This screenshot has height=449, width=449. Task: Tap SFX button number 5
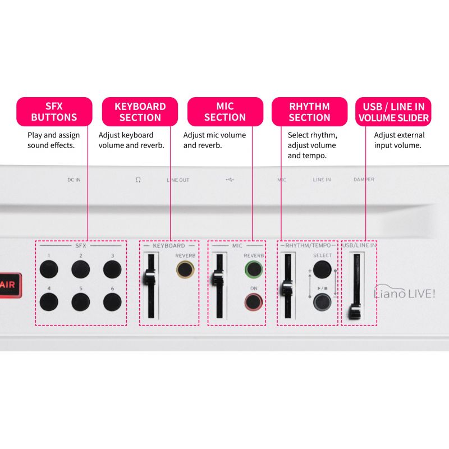point(81,302)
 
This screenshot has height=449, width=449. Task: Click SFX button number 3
point(112,269)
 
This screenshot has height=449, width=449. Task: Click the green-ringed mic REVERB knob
point(254,269)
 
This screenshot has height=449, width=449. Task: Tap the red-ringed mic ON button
point(254,302)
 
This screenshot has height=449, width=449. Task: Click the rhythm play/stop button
point(322,302)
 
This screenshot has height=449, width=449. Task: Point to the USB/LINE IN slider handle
point(355,313)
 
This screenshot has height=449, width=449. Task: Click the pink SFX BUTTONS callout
point(54,112)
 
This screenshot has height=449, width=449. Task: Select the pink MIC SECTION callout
point(226,112)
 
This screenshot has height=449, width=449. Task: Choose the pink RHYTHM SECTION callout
point(310,112)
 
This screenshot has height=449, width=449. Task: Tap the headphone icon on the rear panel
point(138,180)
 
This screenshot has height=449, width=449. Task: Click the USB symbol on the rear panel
point(230,180)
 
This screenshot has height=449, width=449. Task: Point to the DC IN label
point(74,180)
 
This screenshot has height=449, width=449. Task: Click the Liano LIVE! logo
point(405,292)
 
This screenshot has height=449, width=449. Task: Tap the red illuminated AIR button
point(10,285)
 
